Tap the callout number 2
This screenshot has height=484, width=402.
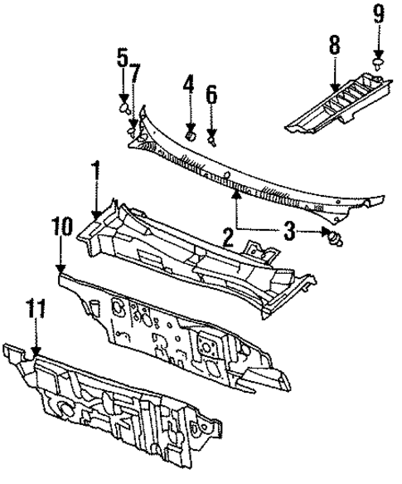pos(226,240)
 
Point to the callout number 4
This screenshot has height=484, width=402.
pos(189,85)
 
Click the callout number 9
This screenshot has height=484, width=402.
pos(378,12)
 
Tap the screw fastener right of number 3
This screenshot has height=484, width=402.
pos(336,238)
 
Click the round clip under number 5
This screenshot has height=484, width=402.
pos(124,106)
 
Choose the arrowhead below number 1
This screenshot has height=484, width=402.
pos(96,216)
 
